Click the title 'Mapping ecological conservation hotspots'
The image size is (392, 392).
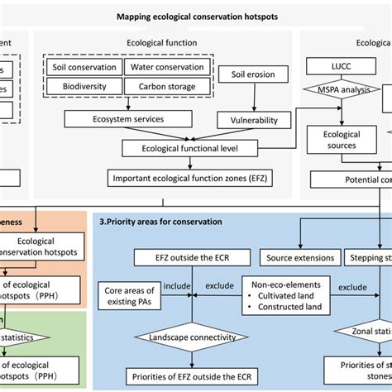click(195, 14)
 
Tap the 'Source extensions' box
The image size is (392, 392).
click(299, 257)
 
